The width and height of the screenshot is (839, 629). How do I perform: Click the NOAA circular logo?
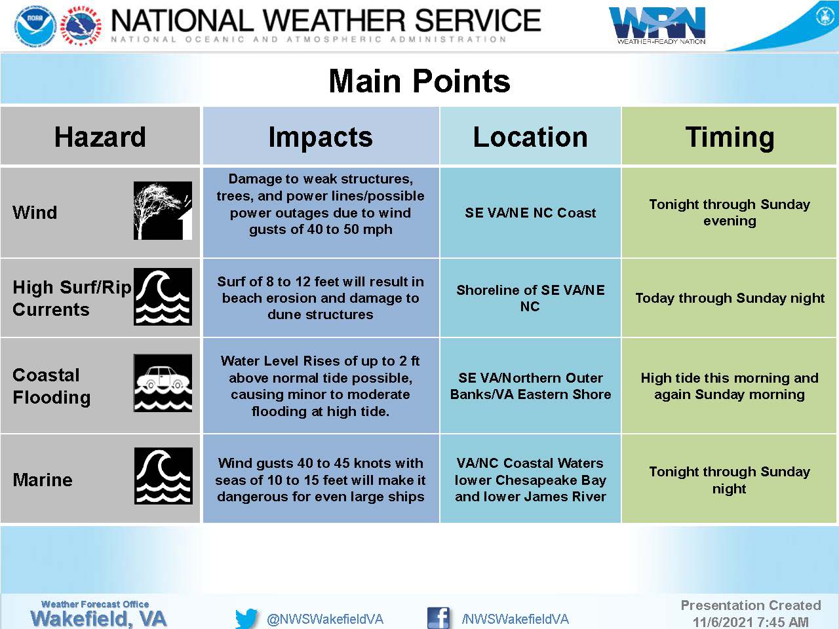pyautogui.click(x=35, y=26)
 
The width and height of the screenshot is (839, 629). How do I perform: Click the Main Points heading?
pyautogui.click(x=419, y=81)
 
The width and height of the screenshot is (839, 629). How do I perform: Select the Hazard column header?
pyautogui.click(x=100, y=136)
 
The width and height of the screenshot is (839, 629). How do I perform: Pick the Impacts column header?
pyautogui.click(x=321, y=137)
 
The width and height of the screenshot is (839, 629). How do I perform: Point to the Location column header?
pyautogui.click(x=530, y=137)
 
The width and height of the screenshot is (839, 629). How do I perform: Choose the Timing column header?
pyautogui.click(x=730, y=138)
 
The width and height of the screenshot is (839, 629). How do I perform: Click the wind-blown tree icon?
pyautogui.click(x=163, y=210)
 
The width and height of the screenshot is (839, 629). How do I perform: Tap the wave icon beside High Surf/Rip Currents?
pyautogui.click(x=163, y=297)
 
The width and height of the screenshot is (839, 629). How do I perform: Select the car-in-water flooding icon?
pyautogui.click(x=163, y=383)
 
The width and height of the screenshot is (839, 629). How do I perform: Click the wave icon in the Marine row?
pyautogui.click(x=163, y=476)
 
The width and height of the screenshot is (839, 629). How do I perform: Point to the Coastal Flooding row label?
pyautogui.click(x=52, y=386)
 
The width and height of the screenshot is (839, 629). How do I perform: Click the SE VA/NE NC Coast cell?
pyautogui.click(x=530, y=213)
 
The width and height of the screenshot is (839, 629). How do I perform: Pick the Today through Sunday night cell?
pyautogui.click(x=730, y=298)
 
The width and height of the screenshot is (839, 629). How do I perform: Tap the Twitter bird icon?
pyautogui.click(x=246, y=619)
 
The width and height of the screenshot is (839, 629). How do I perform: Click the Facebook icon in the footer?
pyautogui.click(x=439, y=618)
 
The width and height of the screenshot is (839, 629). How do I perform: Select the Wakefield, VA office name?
pyautogui.click(x=98, y=619)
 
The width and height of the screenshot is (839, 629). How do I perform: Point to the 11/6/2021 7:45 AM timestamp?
pyautogui.click(x=751, y=622)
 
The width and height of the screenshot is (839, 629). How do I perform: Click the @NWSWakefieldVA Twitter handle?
pyautogui.click(x=325, y=619)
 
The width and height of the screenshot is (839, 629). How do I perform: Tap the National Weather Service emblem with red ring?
pyautogui.click(x=82, y=27)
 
